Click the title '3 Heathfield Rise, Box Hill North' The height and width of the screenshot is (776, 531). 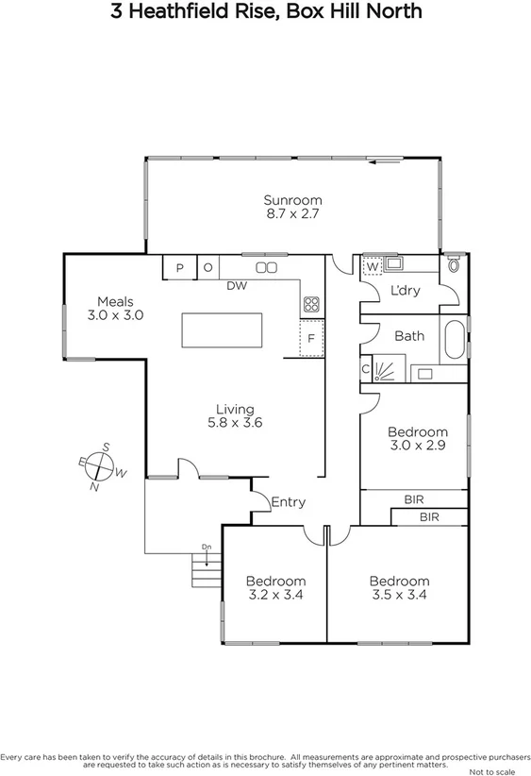[x=265, y=12]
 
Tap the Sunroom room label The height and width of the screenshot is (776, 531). [x=292, y=200]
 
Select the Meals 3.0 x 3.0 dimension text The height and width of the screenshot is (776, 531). [x=115, y=315]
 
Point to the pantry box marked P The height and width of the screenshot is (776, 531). [x=179, y=268]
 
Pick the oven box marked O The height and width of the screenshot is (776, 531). [x=207, y=268]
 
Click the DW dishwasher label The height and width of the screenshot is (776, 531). [x=237, y=286]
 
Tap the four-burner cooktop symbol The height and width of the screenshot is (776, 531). [x=311, y=304]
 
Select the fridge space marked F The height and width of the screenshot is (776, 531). [x=311, y=339]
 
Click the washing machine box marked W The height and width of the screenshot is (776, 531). [x=372, y=267]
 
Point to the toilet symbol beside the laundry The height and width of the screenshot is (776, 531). [x=455, y=264]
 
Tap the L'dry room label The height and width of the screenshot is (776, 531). [x=406, y=291]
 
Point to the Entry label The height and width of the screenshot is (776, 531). [x=288, y=502]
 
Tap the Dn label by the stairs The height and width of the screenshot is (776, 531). [x=206, y=548]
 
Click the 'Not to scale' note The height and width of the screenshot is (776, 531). [x=499, y=769]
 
